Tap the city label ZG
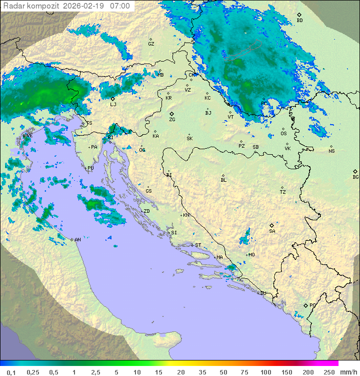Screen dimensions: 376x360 [x=172, y=120]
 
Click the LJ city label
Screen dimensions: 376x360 [x=113, y=104]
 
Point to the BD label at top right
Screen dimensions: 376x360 [x=299, y=21]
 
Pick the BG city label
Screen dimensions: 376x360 [x=355, y=177]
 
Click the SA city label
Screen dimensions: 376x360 [x=272, y=231]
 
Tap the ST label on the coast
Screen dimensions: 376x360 [x=198, y=245]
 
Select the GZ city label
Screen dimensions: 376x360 [x=151, y=44]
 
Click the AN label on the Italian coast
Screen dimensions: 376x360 [x=77, y=240]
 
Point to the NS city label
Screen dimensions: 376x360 [x=331, y=151]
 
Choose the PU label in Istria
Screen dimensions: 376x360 [x=90, y=168]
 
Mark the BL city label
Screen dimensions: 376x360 [x=223, y=180]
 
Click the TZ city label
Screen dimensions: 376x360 [x=283, y=192]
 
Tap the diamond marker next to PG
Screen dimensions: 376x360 [x=305, y=305]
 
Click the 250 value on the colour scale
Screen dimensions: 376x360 [x=329, y=372]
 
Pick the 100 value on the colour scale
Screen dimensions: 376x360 [x=265, y=372]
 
